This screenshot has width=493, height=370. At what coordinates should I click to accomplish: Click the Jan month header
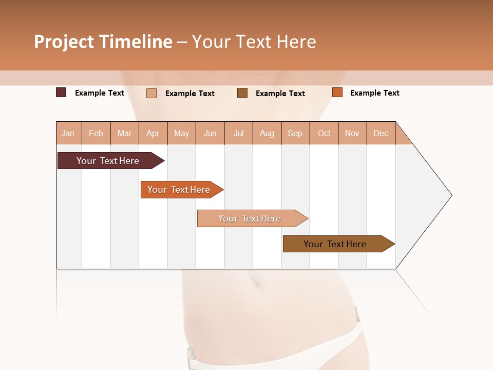[x=68, y=133]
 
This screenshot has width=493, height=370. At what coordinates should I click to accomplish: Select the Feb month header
[x=96, y=133]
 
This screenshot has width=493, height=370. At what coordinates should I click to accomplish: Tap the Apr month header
[x=153, y=133]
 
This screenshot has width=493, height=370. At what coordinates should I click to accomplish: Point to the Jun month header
[x=210, y=133]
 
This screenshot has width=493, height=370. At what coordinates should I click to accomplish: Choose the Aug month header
[x=267, y=133]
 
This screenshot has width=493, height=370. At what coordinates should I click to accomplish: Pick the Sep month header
[x=295, y=133]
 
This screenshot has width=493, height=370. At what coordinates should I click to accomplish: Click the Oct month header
[x=324, y=133]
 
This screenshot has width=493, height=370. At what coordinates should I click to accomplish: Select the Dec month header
[x=381, y=133]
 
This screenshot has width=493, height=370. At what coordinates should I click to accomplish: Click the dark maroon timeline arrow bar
[x=108, y=161]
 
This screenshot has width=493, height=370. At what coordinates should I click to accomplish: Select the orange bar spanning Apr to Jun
[x=179, y=190]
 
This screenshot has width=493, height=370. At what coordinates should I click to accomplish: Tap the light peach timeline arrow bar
[x=250, y=218]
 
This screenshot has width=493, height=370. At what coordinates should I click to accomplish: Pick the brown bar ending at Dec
[x=335, y=244]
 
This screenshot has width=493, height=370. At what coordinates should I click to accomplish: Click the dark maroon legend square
[x=61, y=92]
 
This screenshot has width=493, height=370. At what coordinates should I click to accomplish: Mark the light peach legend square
[x=151, y=93]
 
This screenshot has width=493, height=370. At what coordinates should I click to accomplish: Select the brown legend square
[x=242, y=92]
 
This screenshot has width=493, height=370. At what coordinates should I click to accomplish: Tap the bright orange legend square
[x=337, y=92]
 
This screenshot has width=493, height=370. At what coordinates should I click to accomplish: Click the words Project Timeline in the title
[x=103, y=42]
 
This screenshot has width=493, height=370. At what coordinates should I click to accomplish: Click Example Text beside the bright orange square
[x=374, y=93]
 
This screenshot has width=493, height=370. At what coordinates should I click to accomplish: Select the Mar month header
[x=125, y=133]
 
